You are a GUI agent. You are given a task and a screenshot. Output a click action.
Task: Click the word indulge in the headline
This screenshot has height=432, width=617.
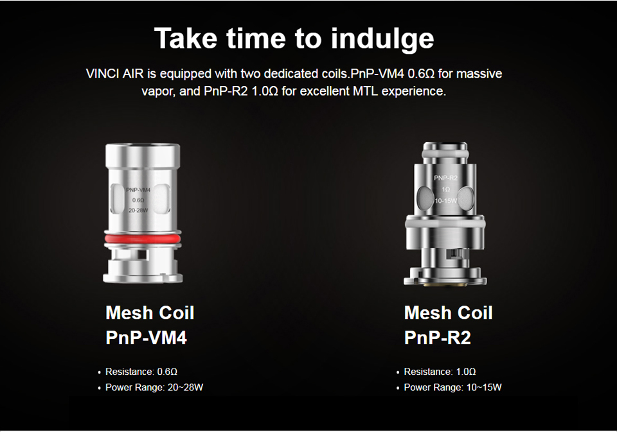pyautogui.click(x=382, y=39)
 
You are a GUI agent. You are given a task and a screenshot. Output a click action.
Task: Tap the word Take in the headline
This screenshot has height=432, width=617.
pyautogui.click(x=186, y=38)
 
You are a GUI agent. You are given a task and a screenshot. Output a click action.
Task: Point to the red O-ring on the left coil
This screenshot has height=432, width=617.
pyautogui.click(x=143, y=239)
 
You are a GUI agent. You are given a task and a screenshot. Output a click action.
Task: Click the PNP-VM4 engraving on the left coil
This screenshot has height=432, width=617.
pyautogui.click(x=138, y=190)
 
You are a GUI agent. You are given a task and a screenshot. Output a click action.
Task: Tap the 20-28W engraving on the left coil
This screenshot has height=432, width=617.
pyautogui.click(x=138, y=211)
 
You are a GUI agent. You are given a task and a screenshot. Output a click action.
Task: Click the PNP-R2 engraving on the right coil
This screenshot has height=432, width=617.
pyautogui.click(x=446, y=178)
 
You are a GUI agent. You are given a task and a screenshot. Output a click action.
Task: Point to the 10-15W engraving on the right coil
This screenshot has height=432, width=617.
pyautogui.click(x=446, y=201)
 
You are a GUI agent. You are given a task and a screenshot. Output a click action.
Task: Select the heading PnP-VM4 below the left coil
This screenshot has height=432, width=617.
pyautogui.click(x=146, y=337)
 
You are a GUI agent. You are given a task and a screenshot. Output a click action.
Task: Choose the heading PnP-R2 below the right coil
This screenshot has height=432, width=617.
pyautogui.click(x=437, y=337)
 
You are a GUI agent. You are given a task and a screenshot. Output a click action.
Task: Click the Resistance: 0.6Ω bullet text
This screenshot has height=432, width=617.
pyautogui.click(x=141, y=372)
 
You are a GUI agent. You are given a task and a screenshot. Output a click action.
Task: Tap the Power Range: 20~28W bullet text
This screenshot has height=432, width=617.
pyautogui.click(x=154, y=387)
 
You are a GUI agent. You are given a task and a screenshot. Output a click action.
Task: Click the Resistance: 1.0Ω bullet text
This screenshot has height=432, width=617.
pyautogui.click(x=440, y=372)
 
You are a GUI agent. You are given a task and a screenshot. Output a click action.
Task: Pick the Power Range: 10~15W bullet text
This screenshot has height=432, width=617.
pyautogui.click(x=453, y=387)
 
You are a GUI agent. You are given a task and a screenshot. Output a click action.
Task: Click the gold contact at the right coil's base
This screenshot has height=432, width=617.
pyautogui.click(x=445, y=283)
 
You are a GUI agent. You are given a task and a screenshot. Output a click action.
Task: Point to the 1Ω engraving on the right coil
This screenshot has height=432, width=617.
pyautogui.click(x=446, y=189)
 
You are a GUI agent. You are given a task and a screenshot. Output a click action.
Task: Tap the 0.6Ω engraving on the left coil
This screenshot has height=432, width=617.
pyautogui.click(x=138, y=200)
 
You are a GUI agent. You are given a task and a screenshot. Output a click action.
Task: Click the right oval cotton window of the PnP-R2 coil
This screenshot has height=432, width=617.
pyautogui.click(x=466, y=198)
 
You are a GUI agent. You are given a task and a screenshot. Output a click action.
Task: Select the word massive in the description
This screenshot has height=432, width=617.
pyautogui.click(x=479, y=74)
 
